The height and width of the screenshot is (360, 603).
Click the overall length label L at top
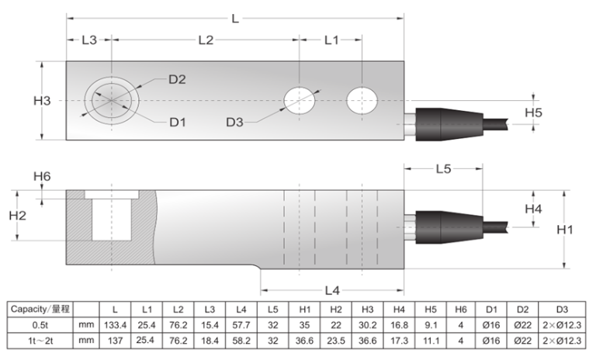click(235, 19)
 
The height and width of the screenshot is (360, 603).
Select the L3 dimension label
click(89, 40)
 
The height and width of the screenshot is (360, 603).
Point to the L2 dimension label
click(206, 40)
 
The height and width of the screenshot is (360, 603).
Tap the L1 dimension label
click(331, 40)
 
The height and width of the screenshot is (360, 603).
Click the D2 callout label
click(177, 79)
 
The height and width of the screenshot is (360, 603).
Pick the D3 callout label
click(234, 123)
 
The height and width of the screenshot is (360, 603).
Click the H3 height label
click(42, 100)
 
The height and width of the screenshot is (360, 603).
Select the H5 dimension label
click(533, 112)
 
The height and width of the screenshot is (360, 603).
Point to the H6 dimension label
click(42, 176)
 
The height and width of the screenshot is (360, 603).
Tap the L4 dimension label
click(332, 290)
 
